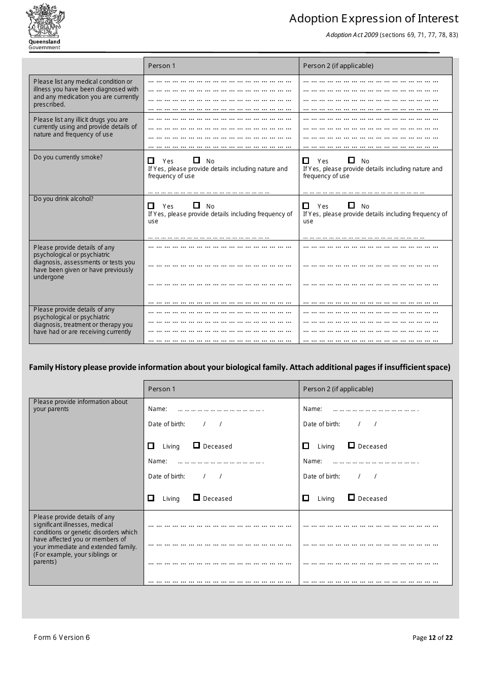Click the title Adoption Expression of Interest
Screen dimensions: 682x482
[x=373, y=19]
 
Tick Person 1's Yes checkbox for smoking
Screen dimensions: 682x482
[x=151, y=161]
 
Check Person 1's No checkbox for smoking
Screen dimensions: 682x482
[x=196, y=160]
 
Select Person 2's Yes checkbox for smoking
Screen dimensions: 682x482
[x=306, y=161]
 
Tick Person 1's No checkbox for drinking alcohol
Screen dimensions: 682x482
[x=196, y=206]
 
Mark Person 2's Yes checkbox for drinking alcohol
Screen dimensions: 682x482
[x=306, y=206]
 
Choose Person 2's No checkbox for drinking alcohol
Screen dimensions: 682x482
[x=351, y=206]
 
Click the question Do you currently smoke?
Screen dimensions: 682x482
[x=68, y=157]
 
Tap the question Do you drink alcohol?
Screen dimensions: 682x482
[x=63, y=199]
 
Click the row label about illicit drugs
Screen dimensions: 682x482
[x=85, y=127]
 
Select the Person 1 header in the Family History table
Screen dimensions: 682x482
[x=162, y=389]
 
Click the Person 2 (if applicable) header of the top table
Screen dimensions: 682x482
[x=338, y=66]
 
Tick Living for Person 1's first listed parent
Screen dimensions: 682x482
[x=151, y=446]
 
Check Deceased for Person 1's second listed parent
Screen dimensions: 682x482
[x=196, y=498]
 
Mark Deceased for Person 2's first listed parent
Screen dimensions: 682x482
[x=351, y=446]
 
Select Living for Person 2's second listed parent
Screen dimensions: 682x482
[x=306, y=498]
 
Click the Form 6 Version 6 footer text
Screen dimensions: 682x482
[x=61, y=637]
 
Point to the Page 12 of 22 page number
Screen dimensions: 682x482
[x=432, y=638]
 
